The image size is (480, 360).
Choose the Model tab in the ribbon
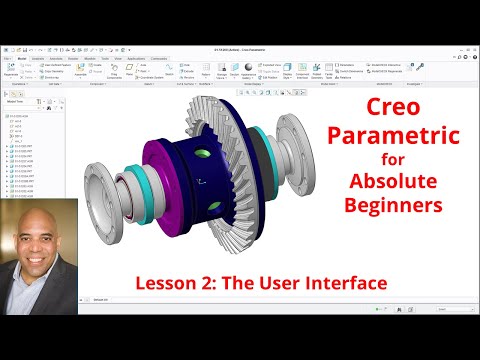[21, 58]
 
